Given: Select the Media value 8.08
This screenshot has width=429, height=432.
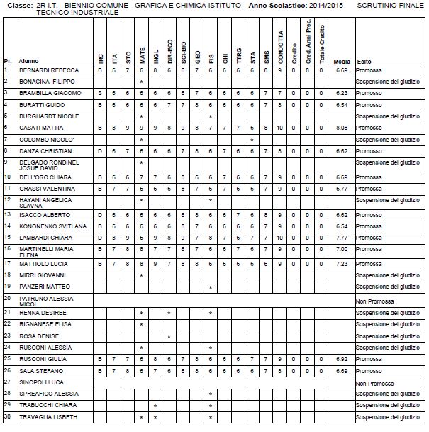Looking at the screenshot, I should [341, 128].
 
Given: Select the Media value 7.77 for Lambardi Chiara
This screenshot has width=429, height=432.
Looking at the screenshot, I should [341, 238].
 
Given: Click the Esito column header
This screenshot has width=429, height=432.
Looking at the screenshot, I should [364, 62].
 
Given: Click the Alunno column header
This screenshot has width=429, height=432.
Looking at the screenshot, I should [29, 62].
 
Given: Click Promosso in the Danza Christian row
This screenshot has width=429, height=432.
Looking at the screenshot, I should [369, 151].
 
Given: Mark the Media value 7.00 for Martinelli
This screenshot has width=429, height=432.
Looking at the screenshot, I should [341, 249].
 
